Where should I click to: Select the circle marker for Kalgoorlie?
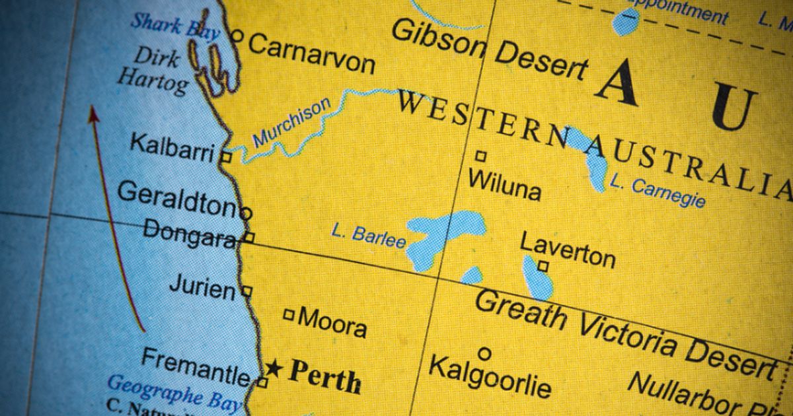coord(484,354)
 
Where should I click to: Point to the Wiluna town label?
coord(504,184)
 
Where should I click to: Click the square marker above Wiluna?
coord(481,156)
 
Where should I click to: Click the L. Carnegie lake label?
coord(658,191)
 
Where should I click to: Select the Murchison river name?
coord(291,123)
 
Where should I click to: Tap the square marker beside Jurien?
coord(246,290)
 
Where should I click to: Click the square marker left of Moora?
coord(289,315)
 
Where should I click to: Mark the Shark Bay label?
coord(174,26)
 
